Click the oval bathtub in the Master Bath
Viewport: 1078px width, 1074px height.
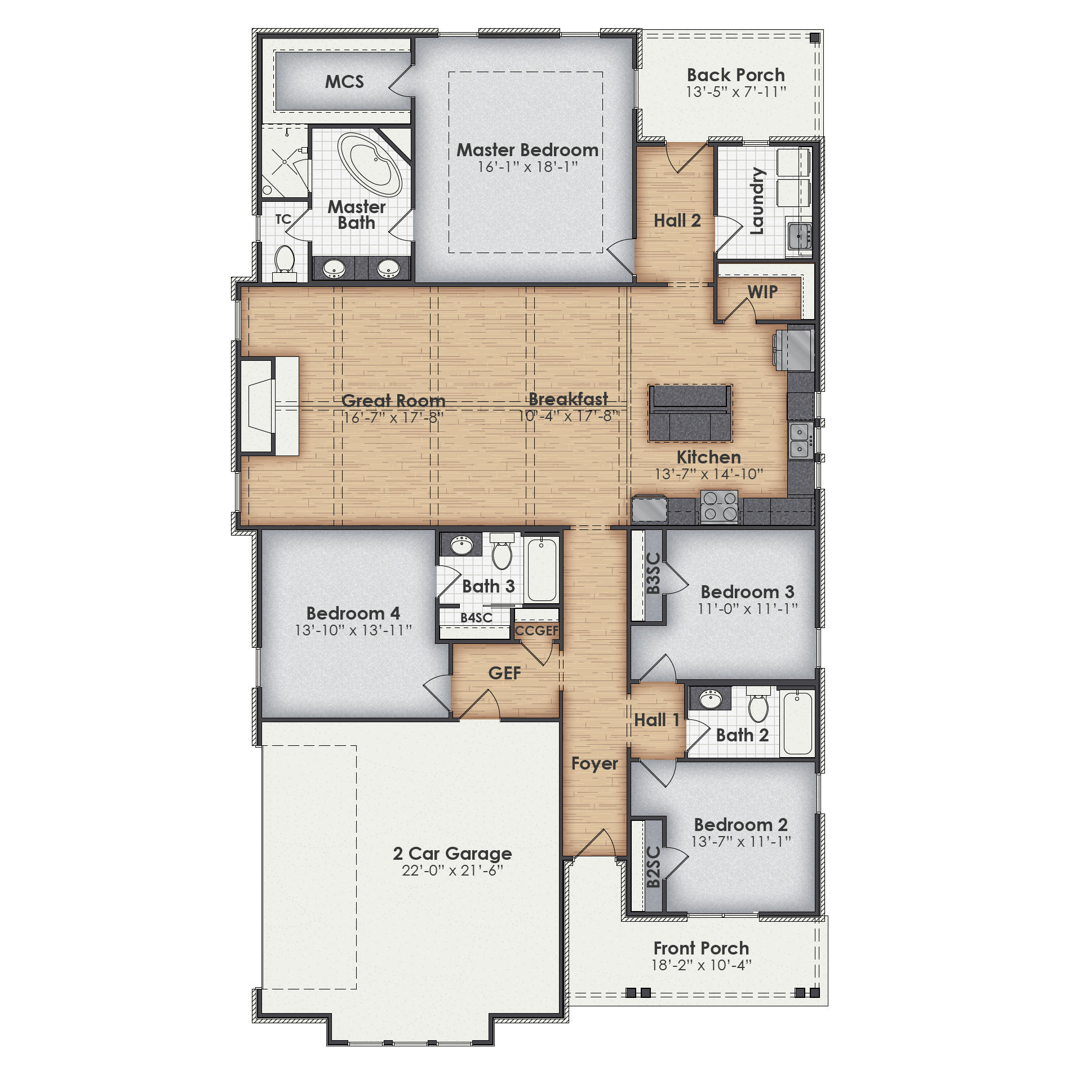370,164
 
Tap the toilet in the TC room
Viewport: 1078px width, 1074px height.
285,260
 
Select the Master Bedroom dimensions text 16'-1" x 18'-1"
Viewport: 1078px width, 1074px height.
527,167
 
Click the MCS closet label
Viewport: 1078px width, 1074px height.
344,82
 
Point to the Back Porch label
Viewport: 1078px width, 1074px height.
735,75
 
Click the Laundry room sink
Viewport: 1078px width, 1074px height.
800,235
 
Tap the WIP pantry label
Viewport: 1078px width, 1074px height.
762,291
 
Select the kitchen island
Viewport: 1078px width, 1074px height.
690,413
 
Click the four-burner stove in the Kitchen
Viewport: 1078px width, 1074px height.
719,506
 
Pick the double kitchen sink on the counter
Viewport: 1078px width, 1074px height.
800,441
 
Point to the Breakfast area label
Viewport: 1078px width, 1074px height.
568,399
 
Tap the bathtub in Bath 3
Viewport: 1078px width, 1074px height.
542,569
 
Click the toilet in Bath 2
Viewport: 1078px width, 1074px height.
758,706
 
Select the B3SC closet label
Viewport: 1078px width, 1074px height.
653,573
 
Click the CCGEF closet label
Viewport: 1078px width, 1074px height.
536,630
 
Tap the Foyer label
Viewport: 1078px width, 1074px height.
594,763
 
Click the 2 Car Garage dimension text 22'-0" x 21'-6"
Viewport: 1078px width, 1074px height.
452,870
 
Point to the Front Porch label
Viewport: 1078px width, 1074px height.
701,948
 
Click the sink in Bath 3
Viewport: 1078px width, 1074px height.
462,545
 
